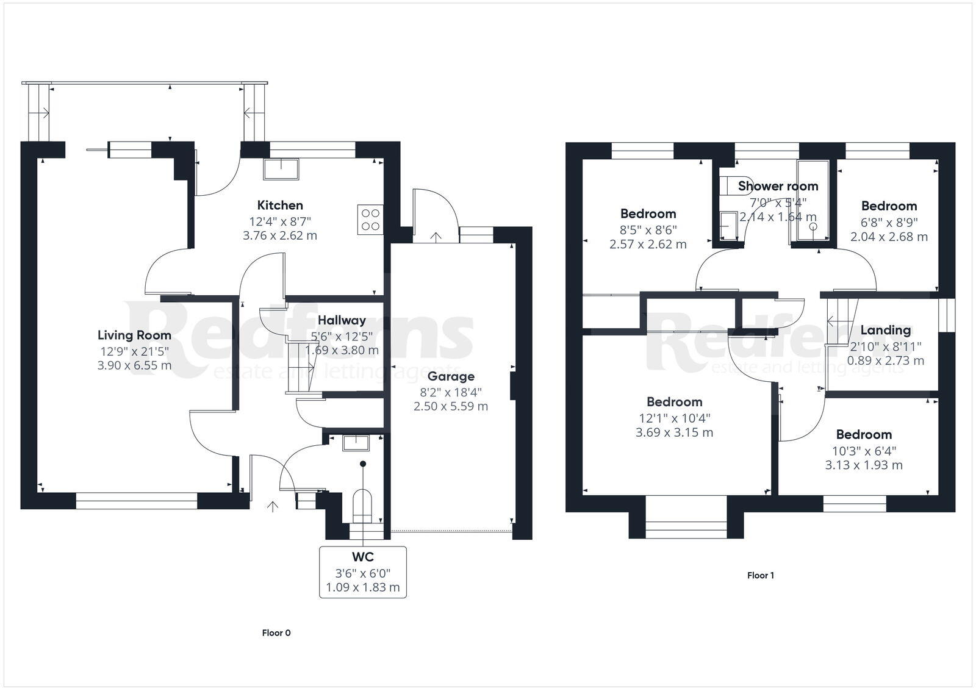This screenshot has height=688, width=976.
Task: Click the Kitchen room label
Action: (x=280, y=206)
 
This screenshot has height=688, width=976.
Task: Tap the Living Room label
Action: (x=134, y=335)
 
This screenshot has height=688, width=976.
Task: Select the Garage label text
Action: (x=451, y=376)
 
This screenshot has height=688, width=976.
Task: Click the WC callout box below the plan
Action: (x=363, y=572)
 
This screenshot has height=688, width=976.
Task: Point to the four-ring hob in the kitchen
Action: (x=370, y=220)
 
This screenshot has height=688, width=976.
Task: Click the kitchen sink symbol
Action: (x=281, y=169)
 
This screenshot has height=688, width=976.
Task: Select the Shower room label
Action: (x=778, y=186)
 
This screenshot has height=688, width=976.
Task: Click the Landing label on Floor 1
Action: (x=885, y=330)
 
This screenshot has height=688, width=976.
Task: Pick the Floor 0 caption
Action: (x=276, y=633)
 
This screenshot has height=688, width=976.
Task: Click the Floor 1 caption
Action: (x=761, y=575)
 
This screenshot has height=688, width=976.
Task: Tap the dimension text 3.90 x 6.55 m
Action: (x=134, y=365)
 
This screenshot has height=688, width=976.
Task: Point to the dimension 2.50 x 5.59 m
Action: (x=451, y=406)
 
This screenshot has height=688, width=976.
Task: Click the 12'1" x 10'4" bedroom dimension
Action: (x=674, y=418)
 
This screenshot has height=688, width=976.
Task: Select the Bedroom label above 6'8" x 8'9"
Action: (x=889, y=206)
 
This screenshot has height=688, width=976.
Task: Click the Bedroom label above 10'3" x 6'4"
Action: (x=864, y=435)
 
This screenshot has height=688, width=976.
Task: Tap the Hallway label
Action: (x=342, y=320)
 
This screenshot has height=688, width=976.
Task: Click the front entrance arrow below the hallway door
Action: (x=272, y=506)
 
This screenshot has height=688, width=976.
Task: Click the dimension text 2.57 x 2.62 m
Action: (x=648, y=244)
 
